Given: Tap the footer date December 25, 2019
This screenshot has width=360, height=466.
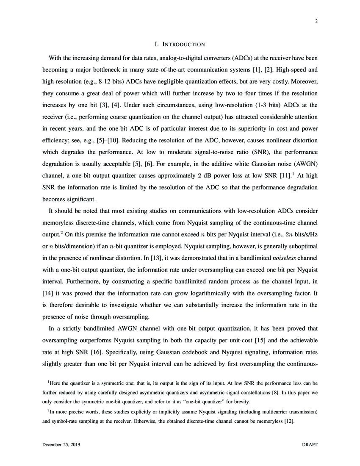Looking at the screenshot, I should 61,445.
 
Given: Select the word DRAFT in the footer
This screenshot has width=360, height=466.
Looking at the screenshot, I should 310,445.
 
